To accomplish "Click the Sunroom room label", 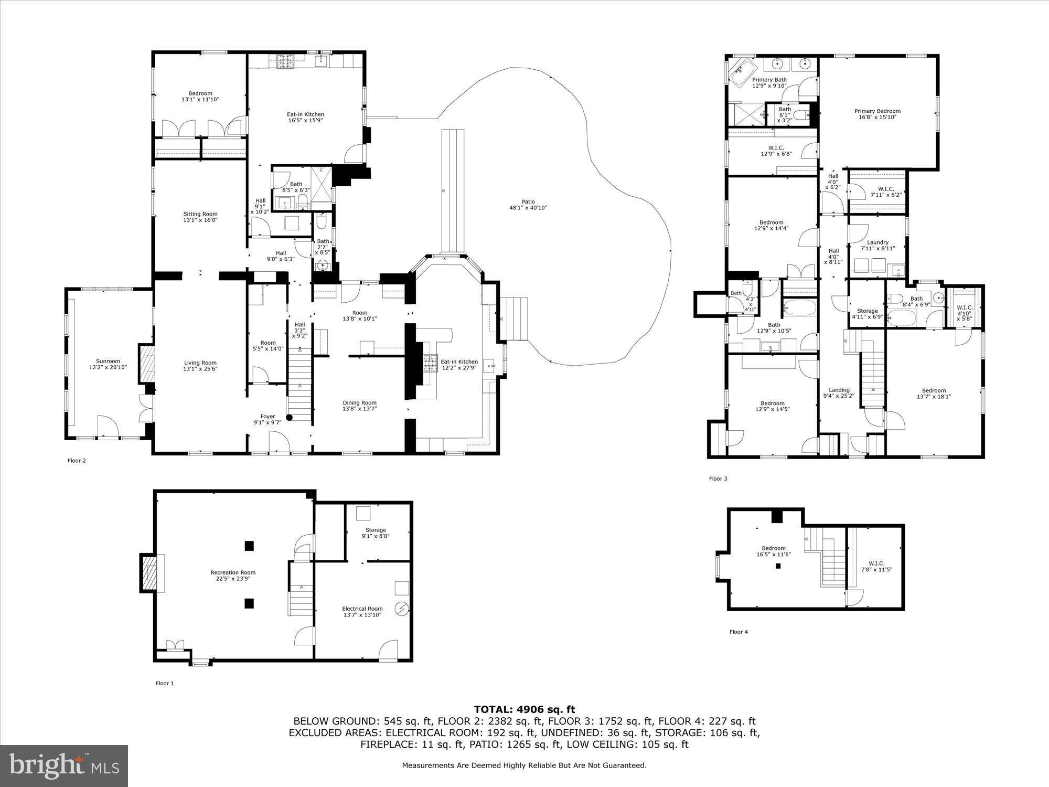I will (108, 361).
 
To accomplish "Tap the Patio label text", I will (528, 201).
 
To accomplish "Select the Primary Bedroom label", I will (877, 111).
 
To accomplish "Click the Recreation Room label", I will (233, 572).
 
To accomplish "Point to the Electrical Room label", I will (362, 609).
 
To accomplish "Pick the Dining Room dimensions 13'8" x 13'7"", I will (359, 409).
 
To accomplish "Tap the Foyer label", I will (267, 417).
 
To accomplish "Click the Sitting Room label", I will (200, 214).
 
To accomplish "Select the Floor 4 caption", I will (738, 632).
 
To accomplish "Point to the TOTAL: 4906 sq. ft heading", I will (524, 710).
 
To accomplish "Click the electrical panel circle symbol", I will (402, 609).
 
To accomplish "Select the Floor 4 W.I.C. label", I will (876, 563).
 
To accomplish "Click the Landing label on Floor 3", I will (839, 390).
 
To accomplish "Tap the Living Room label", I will (200, 363).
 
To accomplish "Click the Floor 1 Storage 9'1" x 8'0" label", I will (376, 530).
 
